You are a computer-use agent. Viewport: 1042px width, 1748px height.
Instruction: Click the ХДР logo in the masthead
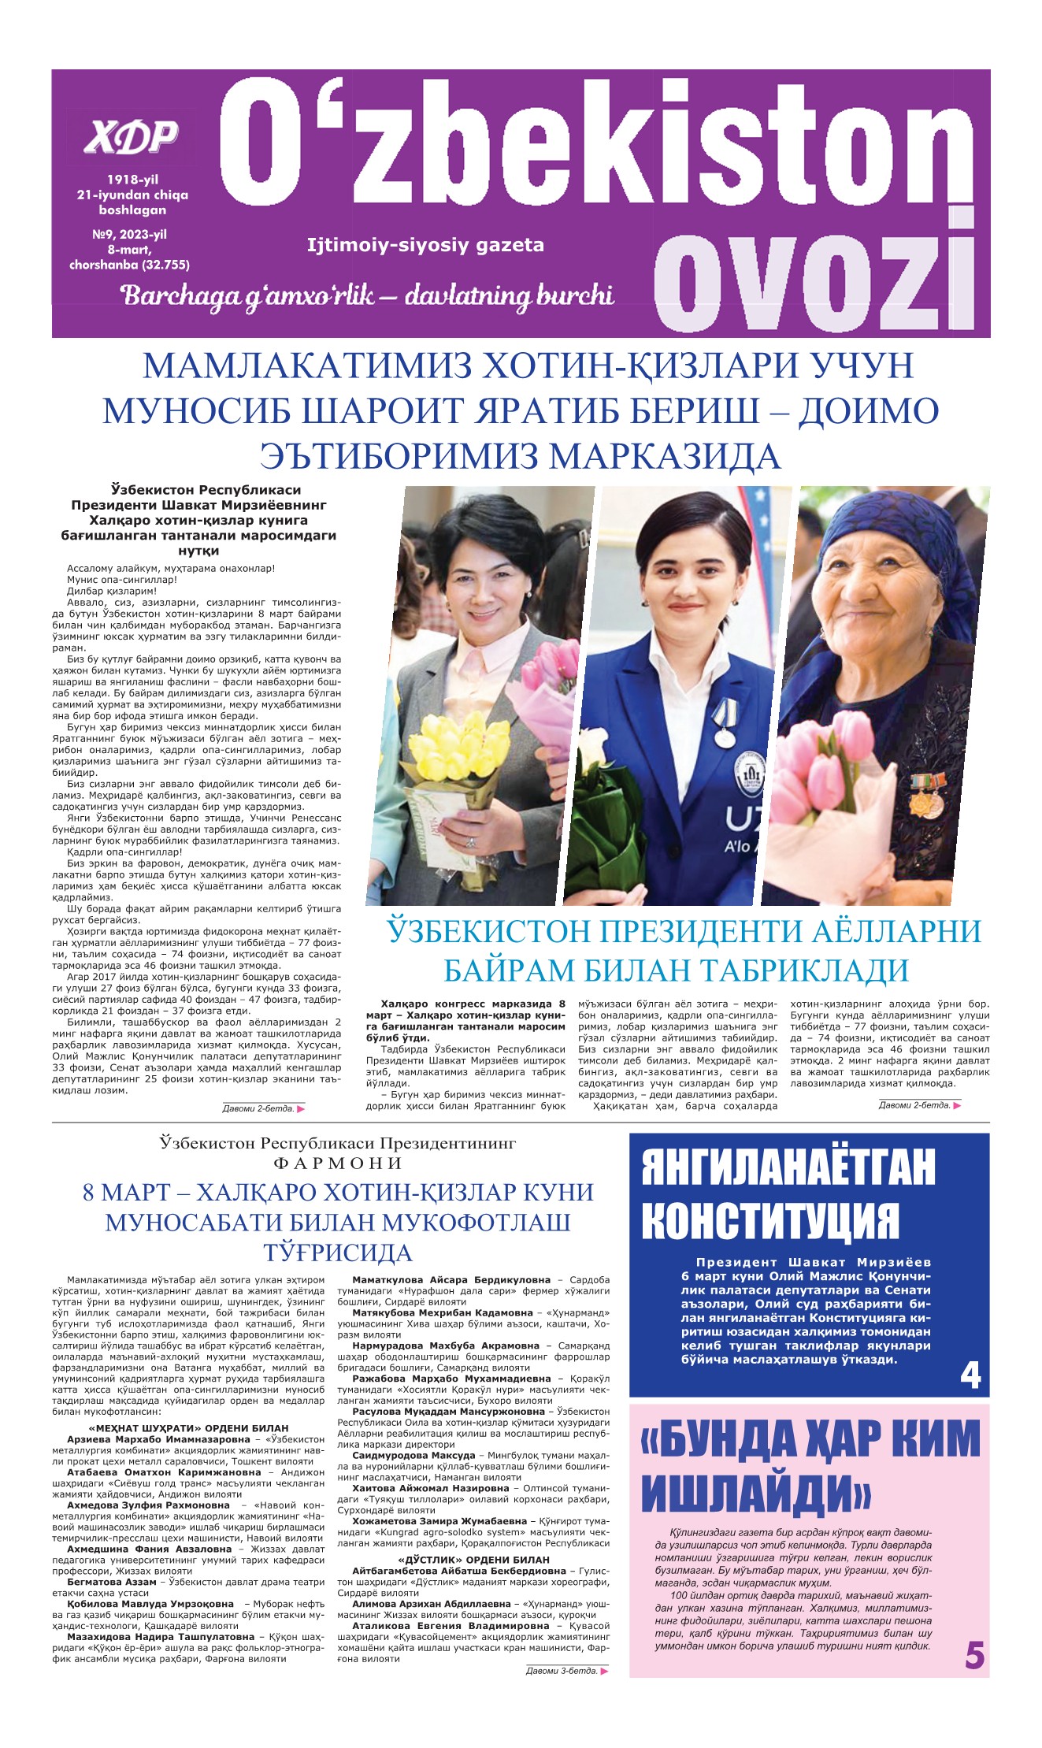132,138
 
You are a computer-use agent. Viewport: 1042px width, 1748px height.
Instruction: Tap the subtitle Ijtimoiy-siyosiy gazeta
425,245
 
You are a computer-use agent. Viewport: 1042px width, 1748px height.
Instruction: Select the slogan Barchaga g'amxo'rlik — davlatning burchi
367,295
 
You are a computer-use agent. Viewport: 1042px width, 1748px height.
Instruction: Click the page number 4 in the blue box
970,1376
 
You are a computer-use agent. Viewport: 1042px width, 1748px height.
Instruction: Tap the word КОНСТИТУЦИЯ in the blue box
770,1222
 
